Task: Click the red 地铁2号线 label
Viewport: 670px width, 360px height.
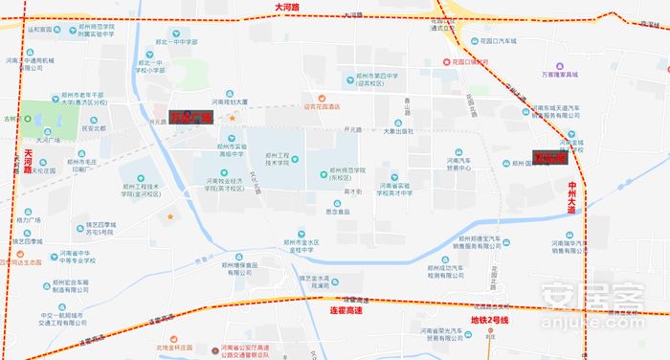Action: (489, 319)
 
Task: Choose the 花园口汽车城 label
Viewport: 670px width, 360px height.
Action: (498, 42)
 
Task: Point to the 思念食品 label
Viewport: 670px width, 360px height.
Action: (337, 211)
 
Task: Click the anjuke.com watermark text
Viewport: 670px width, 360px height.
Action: (594, 311)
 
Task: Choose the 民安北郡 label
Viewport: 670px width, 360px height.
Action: (93, 127)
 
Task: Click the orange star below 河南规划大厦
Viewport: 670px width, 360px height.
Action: (231, 117)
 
